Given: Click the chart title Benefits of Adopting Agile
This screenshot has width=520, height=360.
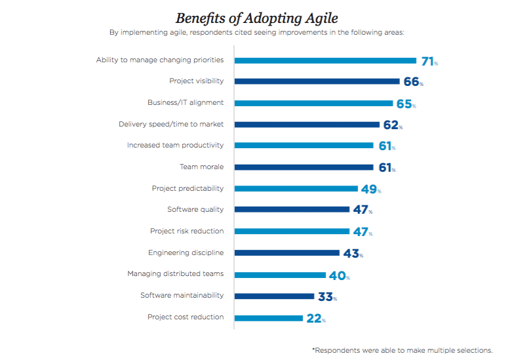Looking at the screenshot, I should (256, 18).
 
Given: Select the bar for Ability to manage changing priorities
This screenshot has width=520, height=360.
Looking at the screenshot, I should (325, 60).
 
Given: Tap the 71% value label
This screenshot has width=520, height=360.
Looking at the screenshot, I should (429, 62).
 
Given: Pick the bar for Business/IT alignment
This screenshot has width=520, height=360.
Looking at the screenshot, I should (313, 103).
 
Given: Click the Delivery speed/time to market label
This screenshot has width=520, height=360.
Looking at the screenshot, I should (171, 124).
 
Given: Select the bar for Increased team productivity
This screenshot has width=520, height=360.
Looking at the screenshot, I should (304, 146).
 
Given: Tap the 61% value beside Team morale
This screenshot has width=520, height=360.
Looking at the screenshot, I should (386, 168).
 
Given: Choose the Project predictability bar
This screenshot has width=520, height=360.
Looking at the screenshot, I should (296, 189).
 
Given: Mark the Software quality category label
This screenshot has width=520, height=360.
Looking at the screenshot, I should (195, 210).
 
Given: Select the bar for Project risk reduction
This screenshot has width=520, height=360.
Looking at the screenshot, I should (292, 231).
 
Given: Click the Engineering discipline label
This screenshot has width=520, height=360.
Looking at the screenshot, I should (186, 252).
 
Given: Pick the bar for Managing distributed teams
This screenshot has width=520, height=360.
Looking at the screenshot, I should (280, 275).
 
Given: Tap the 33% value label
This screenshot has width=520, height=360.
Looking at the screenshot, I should (327, 297).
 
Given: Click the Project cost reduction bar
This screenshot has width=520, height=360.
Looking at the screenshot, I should (268, 318).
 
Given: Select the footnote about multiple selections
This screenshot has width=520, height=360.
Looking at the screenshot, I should (402, 350).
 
